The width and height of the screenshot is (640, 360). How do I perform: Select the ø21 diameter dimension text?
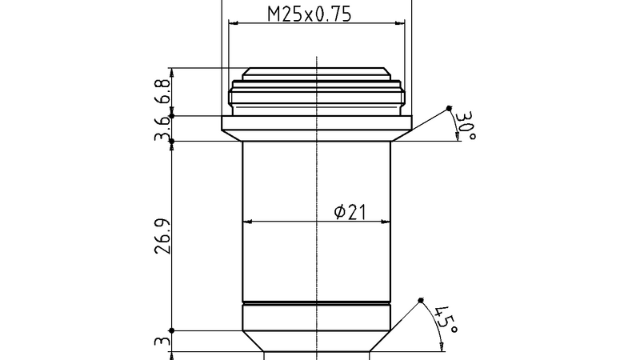(x=350, y=211)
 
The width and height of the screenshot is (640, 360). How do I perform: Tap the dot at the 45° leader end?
(x=421, y=300)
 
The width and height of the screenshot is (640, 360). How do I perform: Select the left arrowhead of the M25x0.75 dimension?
(x=233, y=23)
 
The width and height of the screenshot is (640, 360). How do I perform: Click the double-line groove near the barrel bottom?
(x=317, y=303)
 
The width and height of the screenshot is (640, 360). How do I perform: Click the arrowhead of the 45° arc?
(x=442, y=345)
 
